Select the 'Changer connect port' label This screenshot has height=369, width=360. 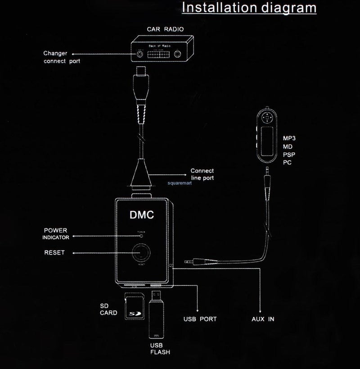[x=62, y=57]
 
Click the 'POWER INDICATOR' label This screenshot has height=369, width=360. [x=56, y=234]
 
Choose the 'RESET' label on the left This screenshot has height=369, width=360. [x=54, y=253]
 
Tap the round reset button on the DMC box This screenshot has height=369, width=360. [x=141, y=252]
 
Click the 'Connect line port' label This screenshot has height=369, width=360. [x=202, y=174]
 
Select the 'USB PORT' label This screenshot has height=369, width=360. [x=200, y=319]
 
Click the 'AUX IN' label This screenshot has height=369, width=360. [x=263, y=319]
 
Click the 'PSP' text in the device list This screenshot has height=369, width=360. [x=288, y=155]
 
